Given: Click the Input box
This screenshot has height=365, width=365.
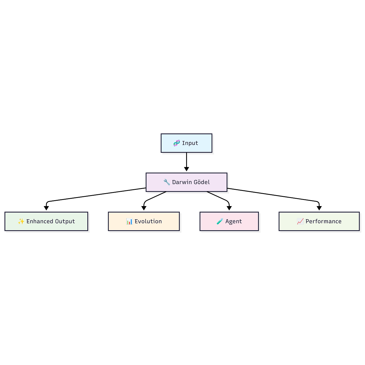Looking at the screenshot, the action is click(186, 143).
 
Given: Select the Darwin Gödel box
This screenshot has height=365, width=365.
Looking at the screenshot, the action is click(186, 182).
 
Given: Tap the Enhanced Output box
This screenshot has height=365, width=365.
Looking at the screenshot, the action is click(46, 221).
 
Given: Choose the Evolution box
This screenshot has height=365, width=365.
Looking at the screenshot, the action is click(144, 221).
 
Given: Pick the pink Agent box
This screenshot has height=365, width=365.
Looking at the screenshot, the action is click(229, 221).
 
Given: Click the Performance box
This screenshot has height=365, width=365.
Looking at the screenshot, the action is click(319, 221).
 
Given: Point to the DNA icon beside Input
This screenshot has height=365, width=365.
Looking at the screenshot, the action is click(177, 143).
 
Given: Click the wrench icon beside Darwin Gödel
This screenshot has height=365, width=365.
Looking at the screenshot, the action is click(167, 182).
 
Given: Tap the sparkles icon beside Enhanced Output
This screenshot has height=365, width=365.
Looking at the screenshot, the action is click(21, 221).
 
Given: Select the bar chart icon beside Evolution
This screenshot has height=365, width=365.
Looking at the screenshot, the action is click(129, 221).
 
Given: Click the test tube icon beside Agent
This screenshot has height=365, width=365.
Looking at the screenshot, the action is click(220, 221).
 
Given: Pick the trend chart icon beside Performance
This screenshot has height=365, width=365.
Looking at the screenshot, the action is click(300, 221).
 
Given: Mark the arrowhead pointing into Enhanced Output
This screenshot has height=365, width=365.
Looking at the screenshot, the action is click(46, 208).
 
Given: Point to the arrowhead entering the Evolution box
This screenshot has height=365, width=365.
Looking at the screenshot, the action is click(144, 208).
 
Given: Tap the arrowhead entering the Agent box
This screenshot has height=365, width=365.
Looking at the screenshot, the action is click(229, 208).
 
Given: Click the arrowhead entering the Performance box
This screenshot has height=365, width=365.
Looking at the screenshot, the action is click(319, 208).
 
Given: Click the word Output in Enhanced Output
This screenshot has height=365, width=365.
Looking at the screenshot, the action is click(65, 221).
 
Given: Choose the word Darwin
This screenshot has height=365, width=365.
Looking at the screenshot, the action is click(182, 182).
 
